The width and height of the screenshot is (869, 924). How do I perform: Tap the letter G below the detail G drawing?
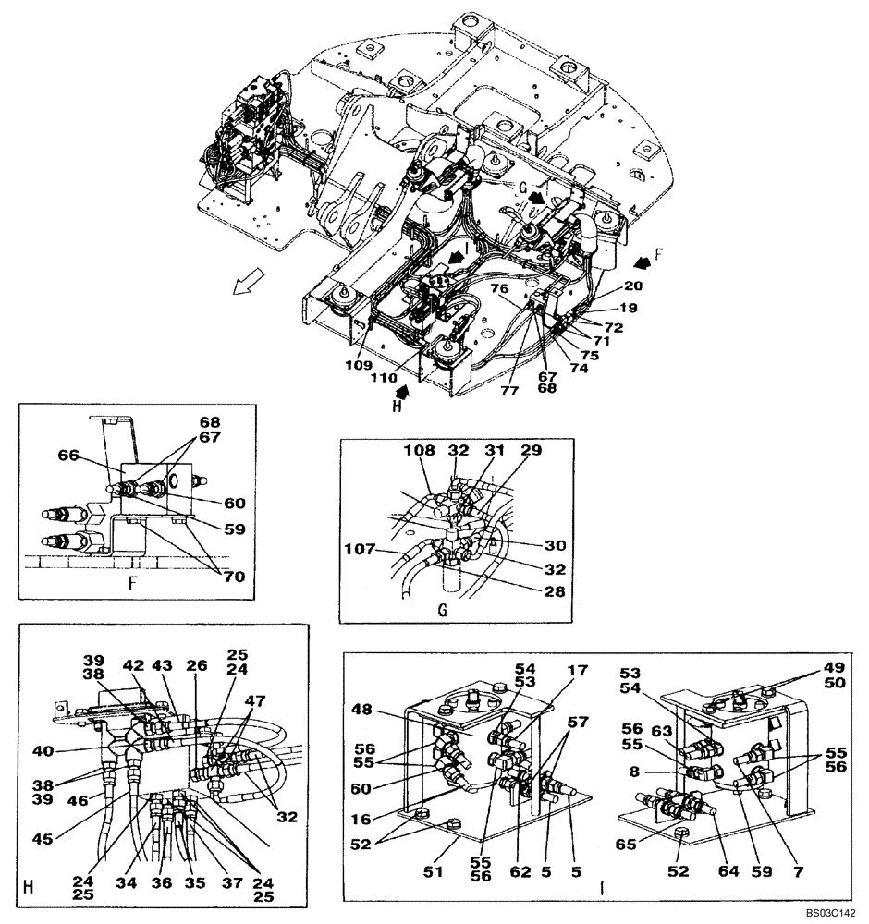pos(441,610)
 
